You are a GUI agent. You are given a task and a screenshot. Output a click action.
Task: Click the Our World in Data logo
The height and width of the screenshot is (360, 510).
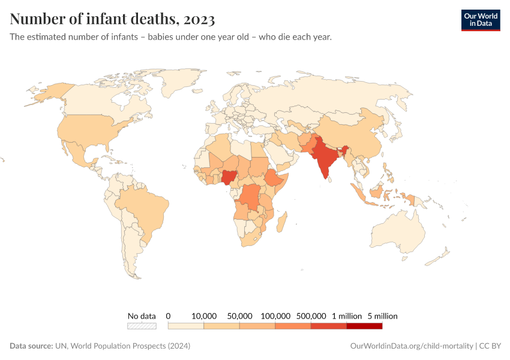pos(480,20)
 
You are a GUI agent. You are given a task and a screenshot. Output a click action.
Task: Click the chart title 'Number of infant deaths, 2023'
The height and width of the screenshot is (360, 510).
pos(112,19)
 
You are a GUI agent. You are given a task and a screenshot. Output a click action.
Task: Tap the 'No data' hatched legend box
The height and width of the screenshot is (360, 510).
pos(142,326)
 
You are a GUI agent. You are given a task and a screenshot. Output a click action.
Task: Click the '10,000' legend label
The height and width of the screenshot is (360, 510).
pos(203,316)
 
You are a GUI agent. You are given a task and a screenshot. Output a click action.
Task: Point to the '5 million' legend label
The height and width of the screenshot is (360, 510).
pos(382,316)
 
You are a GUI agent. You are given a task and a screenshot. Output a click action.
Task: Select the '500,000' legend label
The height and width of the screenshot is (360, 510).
pos(311,316)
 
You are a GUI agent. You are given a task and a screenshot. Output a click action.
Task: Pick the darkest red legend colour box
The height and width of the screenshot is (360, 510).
pos(364,326)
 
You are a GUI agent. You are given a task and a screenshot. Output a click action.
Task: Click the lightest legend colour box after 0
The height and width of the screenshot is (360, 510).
pos(186,326)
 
